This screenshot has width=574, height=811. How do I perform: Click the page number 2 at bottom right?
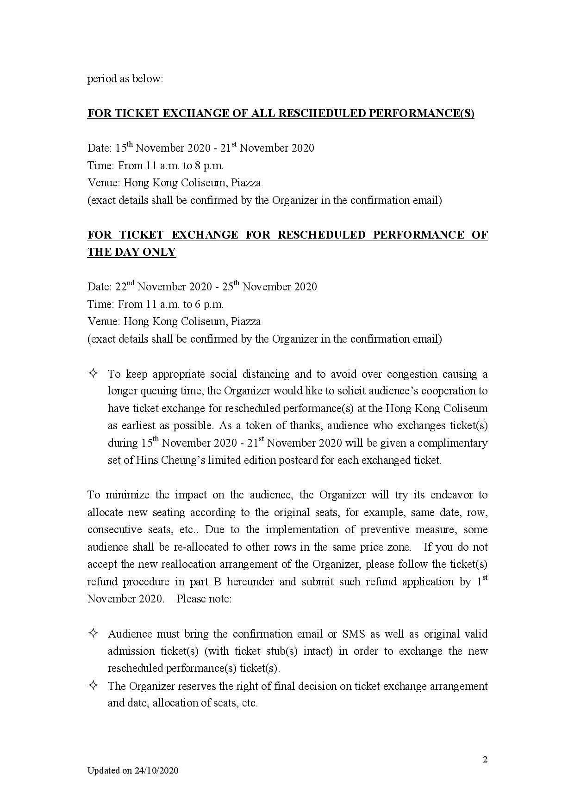(x=485, y=759)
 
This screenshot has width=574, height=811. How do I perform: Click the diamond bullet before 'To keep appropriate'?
(x=93, y=373)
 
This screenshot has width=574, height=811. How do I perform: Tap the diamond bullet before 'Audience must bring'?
(x=93, y=633)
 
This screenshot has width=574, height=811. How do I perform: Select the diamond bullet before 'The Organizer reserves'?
(x=93, y=685)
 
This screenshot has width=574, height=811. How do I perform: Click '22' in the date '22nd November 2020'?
(x=121, y=287)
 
